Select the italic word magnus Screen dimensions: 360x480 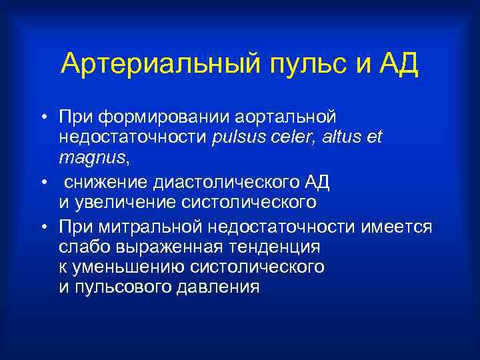tap(91, 159)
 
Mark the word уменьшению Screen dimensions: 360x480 tap(131, 268)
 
